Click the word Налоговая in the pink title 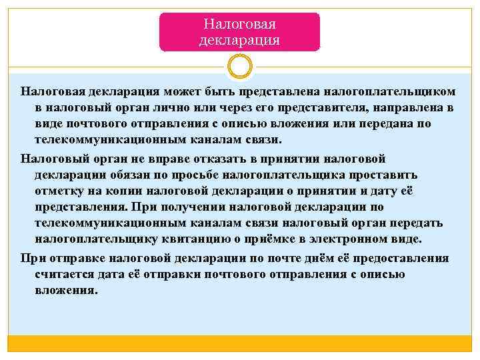pyautogui.click(x=239, y=25)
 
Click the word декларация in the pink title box pyautogui.click(x=239, y=40)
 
